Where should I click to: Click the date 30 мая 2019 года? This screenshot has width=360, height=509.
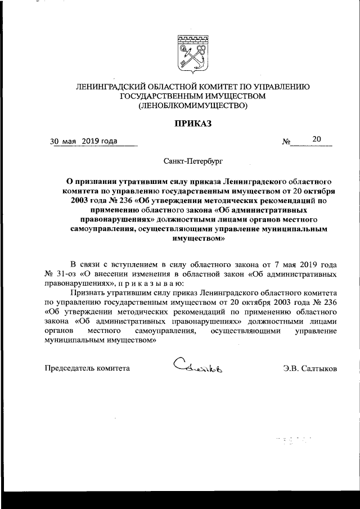coord(84,141)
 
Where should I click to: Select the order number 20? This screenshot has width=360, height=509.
coord(317,139)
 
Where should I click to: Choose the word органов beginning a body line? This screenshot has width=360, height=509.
coord(58,331)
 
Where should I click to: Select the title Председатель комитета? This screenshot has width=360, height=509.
coord(87,368)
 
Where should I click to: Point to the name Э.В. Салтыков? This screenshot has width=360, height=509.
coord(310,368)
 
